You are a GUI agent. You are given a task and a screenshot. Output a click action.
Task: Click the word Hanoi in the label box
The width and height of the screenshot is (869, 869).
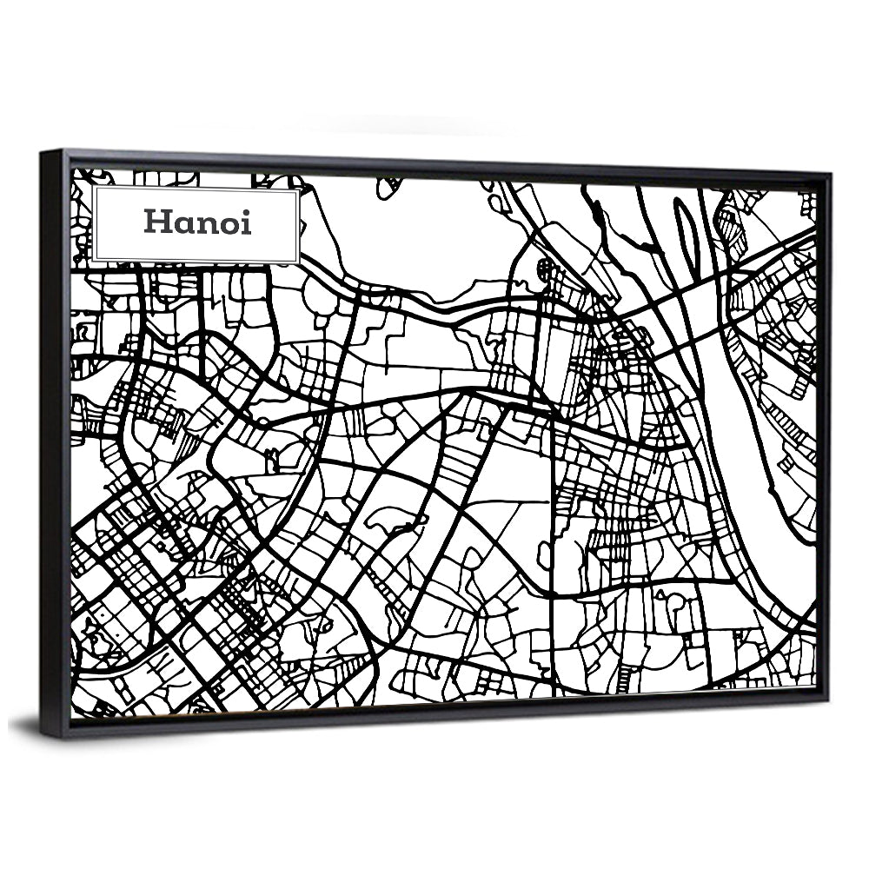tap(197, 222)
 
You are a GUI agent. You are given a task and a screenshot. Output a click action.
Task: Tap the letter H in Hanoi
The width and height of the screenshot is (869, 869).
tap(157, 222)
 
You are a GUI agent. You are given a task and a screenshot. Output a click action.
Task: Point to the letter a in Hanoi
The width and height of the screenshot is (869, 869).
tap(185, 224)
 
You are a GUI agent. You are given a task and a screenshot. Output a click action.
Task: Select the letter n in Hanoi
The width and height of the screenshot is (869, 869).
tap(209, 224)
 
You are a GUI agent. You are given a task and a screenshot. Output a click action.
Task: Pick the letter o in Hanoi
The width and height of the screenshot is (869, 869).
tap(230, 224)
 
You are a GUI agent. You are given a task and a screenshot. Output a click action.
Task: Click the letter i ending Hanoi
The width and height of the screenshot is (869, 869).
tap(247, 222)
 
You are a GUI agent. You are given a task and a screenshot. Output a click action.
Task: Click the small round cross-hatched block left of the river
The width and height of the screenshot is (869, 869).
tap(546, 268)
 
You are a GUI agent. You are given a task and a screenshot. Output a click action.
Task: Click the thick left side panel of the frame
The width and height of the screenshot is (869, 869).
tap(55, 434)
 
